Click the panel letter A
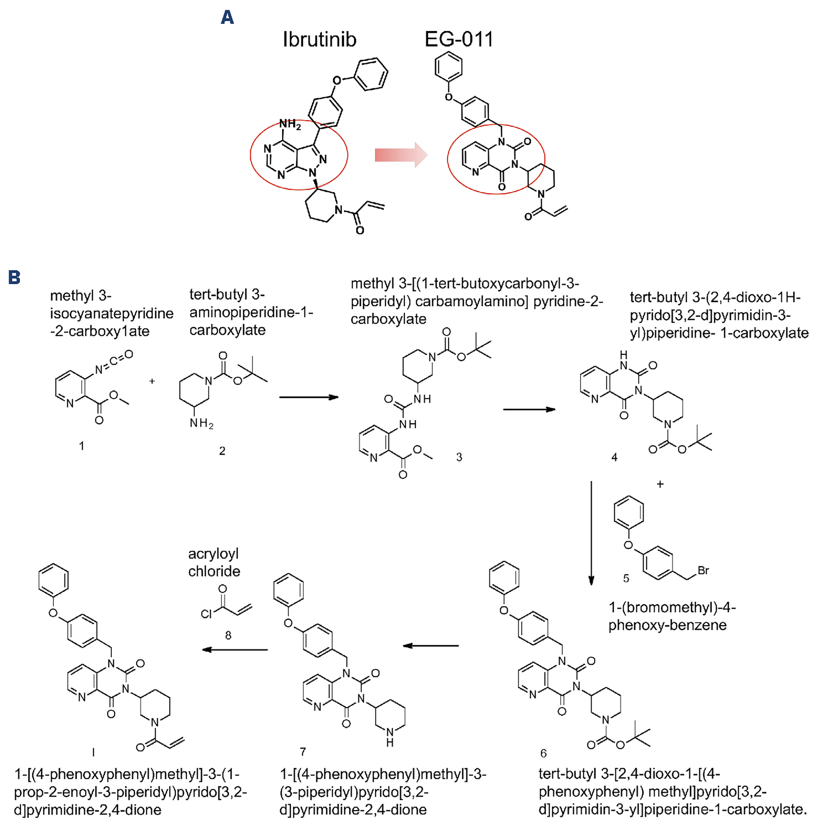coord(228,17)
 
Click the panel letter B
coord(14,278)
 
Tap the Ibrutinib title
coord(319,40)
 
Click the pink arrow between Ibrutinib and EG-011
coord(401,155)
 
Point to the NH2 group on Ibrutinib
coord(290,124)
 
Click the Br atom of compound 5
coord(703,570)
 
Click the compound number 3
coord(459,457)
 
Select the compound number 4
coord(614,458)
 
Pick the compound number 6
coord(543,753)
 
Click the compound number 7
coord(303,752)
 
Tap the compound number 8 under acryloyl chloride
coord(228,635)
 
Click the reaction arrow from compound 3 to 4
coord(529,410)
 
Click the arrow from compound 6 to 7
coord(431,646)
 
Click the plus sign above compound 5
coord(660,484)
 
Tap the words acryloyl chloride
coord(214,562)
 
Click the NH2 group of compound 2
coord(202,424)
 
